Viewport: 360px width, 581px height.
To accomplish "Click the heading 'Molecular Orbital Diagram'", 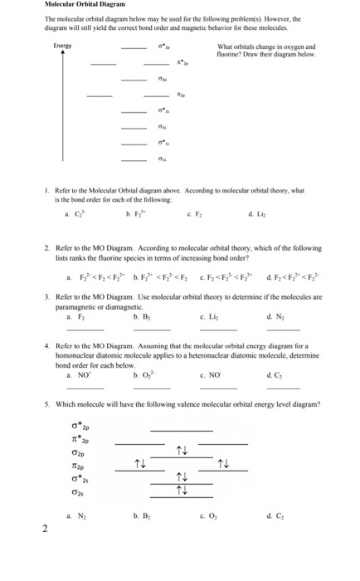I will [x=82, y=5].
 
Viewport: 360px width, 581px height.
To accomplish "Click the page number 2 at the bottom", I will [x=46, y=530].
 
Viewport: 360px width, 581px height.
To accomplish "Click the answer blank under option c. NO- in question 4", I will [x=217, y=388].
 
